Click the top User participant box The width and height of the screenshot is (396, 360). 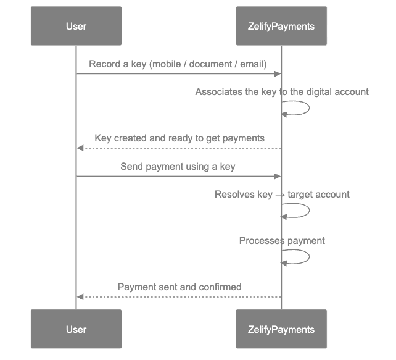click(76, 26)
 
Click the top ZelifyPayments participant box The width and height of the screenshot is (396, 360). click(281, 26)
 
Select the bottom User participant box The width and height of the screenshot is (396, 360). click(76, 329)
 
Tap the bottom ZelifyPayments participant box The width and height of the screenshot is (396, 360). click(281, 329)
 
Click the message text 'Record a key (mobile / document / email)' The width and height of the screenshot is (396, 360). click(178, 64)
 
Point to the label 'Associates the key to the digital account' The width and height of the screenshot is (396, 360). click(282, 91)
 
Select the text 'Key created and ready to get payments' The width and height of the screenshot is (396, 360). click(179, 138)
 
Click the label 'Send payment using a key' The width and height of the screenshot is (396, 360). click(178, 166)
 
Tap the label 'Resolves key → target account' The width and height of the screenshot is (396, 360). click(282, 194)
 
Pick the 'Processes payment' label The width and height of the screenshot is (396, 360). click(282, 240)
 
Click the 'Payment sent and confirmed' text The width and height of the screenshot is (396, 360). click(179, 287)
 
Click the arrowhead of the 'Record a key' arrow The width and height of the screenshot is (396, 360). click(278, 74)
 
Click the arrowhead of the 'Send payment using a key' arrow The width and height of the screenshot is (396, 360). click(278, 177)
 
